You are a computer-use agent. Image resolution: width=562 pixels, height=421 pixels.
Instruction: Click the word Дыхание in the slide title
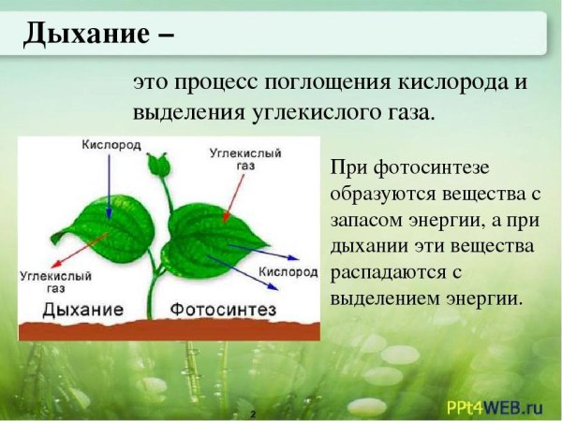pos(85,35)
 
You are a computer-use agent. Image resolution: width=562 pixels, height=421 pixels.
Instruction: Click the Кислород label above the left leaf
pos(111,145)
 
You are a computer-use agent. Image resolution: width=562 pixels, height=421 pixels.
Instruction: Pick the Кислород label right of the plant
pos(288,271)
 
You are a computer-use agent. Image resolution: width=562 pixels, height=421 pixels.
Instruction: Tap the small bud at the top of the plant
pos(162,166)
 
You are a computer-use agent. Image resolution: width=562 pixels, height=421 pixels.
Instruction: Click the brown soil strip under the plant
pos(169,329)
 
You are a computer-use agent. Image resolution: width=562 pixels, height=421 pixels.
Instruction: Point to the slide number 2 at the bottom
pos(252,412)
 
